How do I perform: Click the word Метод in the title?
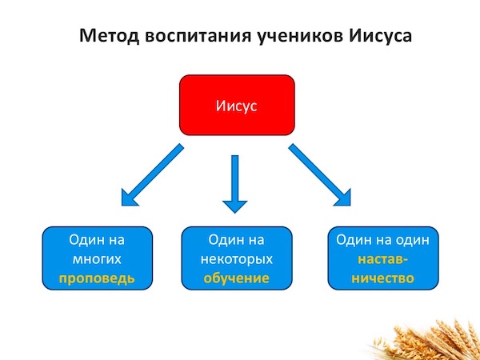tap(109, 35)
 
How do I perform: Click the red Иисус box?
tap(237, 105)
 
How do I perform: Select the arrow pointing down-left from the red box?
tap(152, 174)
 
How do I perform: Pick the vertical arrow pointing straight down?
tap(234, 184)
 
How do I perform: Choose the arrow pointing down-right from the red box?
tap(319, 174)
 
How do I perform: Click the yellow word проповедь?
tap(97, 279)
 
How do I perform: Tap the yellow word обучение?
tap(237, 278)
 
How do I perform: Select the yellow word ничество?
tap(382, 278)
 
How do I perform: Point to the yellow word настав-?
tap(382, 259)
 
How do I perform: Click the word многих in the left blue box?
tap(97, 259)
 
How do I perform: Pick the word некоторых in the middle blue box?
tap(237, 259)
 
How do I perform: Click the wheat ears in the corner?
tap(429, 342)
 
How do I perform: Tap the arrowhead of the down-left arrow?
tap(130, 198)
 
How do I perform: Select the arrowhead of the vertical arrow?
tap(234, 207)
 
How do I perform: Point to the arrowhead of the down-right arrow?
tap(342, 198)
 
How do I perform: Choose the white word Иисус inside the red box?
tap(237, 106)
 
